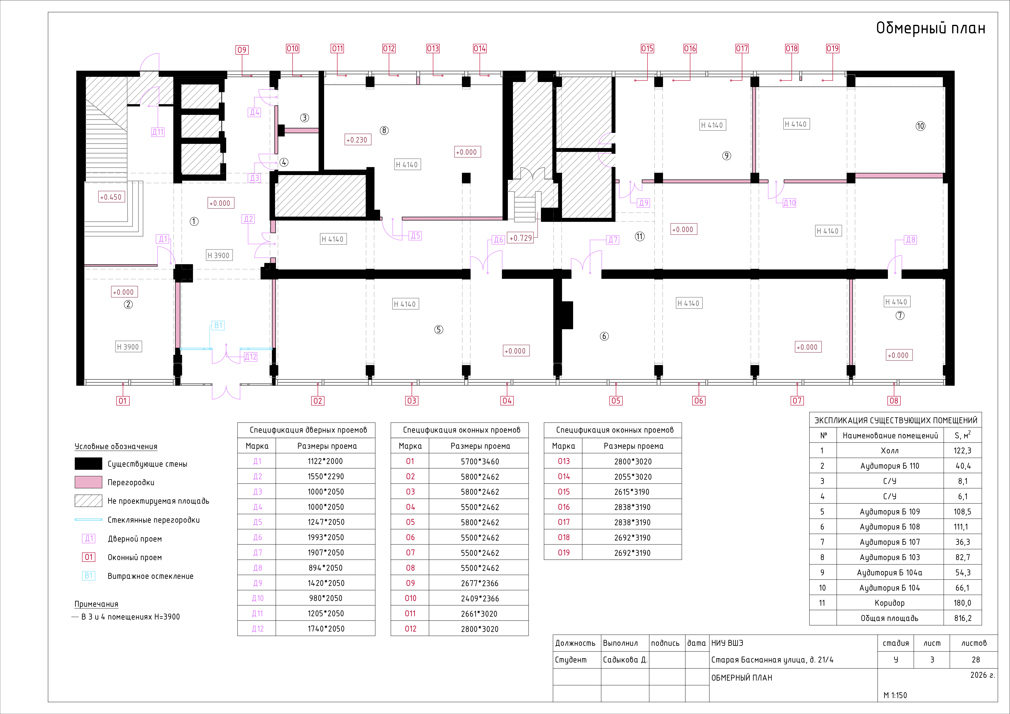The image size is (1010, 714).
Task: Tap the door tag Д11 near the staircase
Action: (x=158, y=132)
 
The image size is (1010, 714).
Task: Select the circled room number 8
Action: (x=384, y=130)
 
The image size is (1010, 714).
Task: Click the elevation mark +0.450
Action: (x=111, y=197)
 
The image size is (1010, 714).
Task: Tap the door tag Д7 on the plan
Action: (x=613, y=240)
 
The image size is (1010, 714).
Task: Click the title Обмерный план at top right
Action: (x=931, y=28)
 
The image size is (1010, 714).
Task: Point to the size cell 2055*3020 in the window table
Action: (x=633, y=476)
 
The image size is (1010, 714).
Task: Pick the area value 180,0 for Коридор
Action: (x=963, y=603)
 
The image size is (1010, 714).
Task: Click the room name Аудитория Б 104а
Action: (x=889, y=572)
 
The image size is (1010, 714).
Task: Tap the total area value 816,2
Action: (x=963, y=618)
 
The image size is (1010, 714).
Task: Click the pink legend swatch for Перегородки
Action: (x=88, y=482)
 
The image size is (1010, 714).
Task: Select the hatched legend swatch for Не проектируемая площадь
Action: (x=88, y=501)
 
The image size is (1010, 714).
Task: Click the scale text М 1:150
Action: (x=895, y=695)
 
